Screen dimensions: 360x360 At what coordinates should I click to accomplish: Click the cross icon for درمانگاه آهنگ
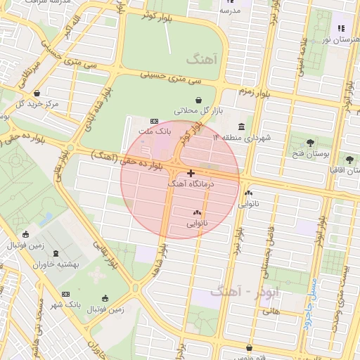tap(191, 172)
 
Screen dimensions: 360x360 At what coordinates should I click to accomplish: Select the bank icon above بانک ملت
tap(155, 121)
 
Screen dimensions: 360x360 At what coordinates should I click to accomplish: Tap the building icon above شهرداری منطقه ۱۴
tap(242, 127)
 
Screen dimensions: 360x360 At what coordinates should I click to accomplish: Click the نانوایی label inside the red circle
tap(197, 223)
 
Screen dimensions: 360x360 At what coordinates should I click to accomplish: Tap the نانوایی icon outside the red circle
tap(247, 193)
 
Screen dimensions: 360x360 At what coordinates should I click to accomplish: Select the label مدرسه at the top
tap(230, 11)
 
